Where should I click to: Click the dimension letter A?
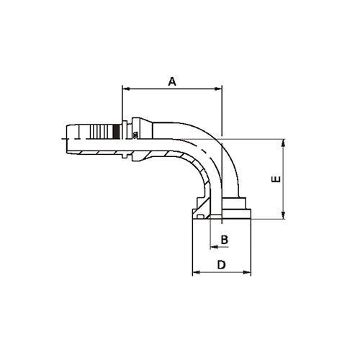click(x=172, y=81)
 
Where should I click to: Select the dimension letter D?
click(x=222, y=265)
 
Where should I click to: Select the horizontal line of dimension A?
click(x=172, y=89)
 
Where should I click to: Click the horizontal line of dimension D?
click(x=222, y=273)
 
